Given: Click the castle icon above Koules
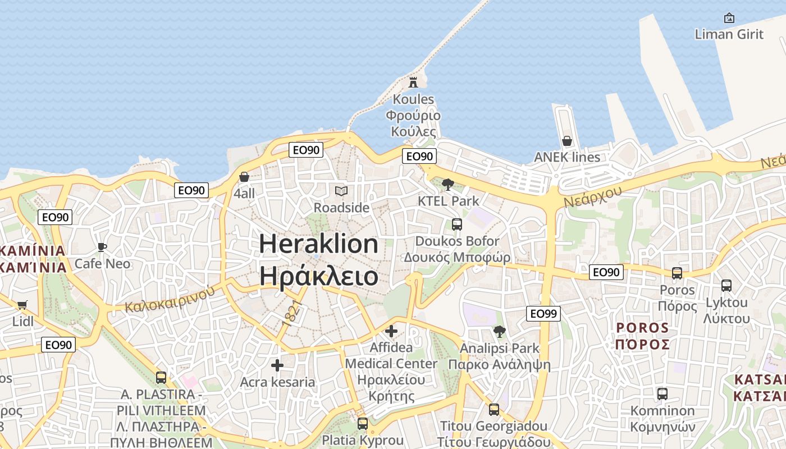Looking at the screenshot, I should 413,83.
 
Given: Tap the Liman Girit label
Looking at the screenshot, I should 729,34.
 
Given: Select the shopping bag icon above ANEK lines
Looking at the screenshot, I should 567,141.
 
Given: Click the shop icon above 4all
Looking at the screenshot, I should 244,177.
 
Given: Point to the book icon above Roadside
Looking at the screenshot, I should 341,191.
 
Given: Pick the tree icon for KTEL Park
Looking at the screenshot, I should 448,184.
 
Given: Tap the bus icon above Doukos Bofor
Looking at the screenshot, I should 457,224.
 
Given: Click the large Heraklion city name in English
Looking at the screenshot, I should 318,244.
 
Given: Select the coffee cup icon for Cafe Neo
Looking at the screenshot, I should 102,248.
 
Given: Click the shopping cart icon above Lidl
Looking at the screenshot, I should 22,305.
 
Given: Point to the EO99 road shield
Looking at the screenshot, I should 543,314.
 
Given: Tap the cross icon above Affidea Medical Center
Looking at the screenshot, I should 391,331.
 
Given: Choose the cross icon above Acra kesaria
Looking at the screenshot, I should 277,366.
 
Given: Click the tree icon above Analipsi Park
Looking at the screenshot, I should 499,332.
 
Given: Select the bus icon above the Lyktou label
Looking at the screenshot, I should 726,286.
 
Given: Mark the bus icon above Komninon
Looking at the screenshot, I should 662,394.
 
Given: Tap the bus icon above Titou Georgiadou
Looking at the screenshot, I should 493,410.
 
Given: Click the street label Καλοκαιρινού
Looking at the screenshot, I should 170,299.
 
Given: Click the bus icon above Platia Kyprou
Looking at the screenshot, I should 363,423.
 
